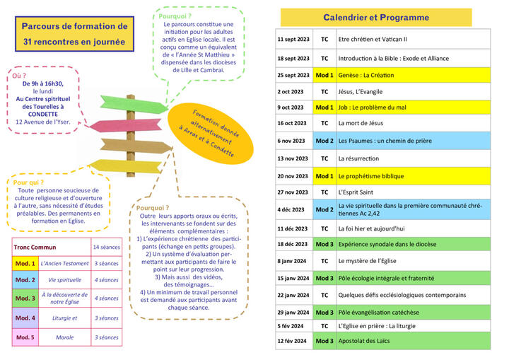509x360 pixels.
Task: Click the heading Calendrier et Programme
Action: pyautogui.click(x=376, y=18)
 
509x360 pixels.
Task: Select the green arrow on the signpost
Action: pyautogui.click(x=134, y=104)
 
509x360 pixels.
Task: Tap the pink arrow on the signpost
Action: pyautogui.click(x=125, y=125)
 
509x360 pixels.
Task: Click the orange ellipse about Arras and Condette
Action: pyautogui.click(x=211, y=134)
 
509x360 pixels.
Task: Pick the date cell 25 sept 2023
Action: pyautogui.click(x=294, y=75)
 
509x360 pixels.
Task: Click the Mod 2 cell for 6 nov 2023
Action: pyautogui.click(x=324, y=141)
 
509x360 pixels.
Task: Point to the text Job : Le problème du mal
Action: pyautogui.click(x=372, y=108)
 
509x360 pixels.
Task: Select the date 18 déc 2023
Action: pyautogui.click(x=292, y=244)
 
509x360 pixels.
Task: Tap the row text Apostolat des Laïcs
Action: pyautogui.click(x=364, y=341)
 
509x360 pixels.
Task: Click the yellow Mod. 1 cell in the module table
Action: pyautogui.click(x=25, y=264)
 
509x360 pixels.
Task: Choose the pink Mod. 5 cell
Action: pyautogui.click(x=25, y=337)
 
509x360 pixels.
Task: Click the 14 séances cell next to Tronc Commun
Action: pyautogui.click(x=107, y=248)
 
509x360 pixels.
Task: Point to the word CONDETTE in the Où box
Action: pyautogui.click(x=43, y=115)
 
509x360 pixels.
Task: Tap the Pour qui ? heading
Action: pyautogui.click(x=28, y=182)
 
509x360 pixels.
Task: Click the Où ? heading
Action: pyautogui.click(x=19, y=76)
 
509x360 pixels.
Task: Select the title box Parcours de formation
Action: pyautogui.click(x=74, y=34)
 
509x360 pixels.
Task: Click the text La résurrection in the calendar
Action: pyautogui.click(x=358, y=158)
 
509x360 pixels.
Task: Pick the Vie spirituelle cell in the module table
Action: pyautogui.click(x=64, y=280)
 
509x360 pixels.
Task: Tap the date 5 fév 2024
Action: pyautogui.click(x=291, y=326)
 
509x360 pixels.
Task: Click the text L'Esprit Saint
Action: pyautogui.click(x=356, y=192)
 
